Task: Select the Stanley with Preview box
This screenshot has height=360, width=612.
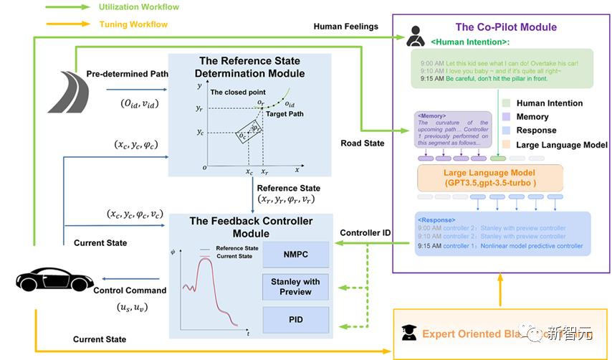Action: coord(295,286)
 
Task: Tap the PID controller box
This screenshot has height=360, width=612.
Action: coord(295,318)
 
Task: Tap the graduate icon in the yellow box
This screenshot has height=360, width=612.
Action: coord(408,332)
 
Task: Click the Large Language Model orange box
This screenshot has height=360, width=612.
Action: coord(490,177)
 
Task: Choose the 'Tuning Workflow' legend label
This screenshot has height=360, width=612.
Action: coord(133,24)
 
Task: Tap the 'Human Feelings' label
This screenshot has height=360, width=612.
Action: coord(346,27)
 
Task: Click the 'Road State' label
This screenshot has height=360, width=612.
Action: coord(363,143)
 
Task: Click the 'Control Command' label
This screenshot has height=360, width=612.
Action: coord(130,290)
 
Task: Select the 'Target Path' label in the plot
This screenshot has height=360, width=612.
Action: coord(283,114)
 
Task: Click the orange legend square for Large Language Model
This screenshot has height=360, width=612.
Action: coord(507,144)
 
